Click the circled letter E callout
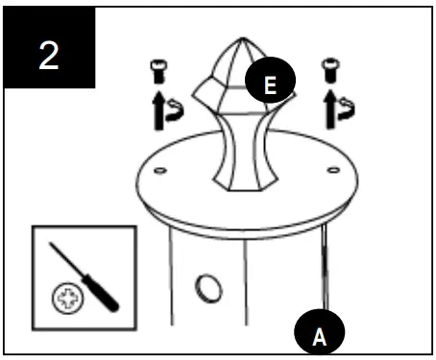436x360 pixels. tap(270, 84)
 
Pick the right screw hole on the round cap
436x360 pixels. tap(332, 173)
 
